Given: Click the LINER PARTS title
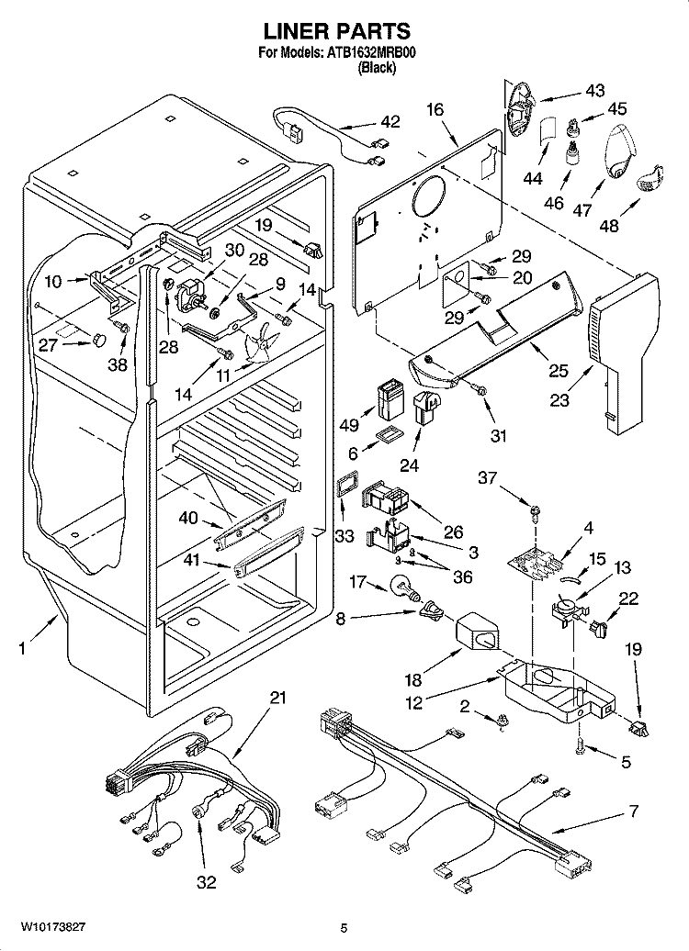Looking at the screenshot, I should coord(344,33).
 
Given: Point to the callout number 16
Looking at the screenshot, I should coord(435,109).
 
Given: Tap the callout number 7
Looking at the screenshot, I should coord(632,811).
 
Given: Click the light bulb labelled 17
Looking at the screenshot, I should coord(401,585).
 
